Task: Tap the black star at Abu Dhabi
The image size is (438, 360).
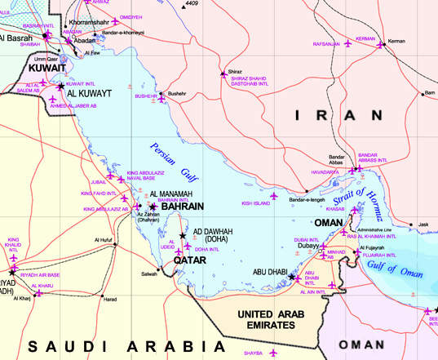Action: (x=293, y=278)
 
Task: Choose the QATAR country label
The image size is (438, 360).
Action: (x=188, y=260)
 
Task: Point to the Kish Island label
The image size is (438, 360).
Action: (x=255, y=202)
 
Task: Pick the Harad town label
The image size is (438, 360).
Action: (x=109, y=299)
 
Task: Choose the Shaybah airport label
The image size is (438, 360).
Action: (x=253, y=353)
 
